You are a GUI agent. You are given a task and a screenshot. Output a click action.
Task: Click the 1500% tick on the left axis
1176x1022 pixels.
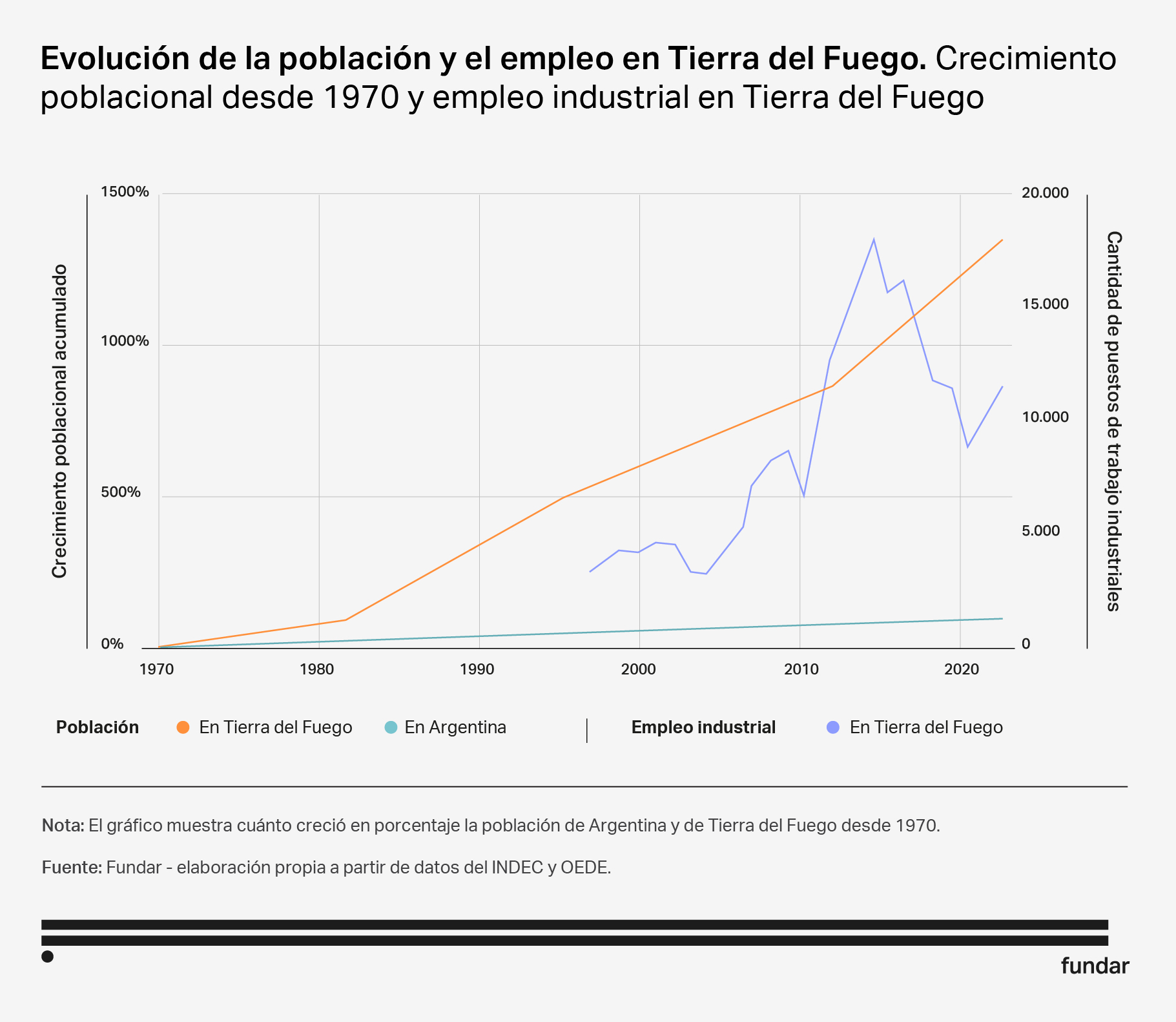point(125,192)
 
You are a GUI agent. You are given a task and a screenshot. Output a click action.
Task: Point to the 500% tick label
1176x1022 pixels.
point(121,492)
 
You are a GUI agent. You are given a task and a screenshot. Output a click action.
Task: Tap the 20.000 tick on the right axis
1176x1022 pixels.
point(1045,193)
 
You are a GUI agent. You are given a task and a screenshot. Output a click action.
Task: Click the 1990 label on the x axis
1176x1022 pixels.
point(477,669)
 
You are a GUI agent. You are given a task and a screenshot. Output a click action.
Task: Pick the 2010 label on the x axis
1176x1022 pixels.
point(801,669)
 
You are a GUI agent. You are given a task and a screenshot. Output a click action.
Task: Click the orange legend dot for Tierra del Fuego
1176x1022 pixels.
point(183,727)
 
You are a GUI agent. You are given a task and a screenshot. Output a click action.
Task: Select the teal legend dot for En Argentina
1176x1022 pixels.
point(390,727)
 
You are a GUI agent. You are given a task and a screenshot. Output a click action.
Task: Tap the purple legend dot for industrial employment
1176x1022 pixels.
point(833,727)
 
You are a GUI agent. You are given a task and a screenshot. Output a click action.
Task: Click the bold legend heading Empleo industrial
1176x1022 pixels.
point(703,727)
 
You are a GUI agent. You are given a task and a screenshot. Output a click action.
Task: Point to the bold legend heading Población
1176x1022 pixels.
point(98,727)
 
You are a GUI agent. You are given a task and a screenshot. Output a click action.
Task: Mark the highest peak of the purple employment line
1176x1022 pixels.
point(874,239)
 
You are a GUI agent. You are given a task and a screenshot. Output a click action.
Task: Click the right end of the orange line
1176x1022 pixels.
point(1002,240)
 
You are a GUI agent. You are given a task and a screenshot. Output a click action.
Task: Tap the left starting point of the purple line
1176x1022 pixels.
point(590,572)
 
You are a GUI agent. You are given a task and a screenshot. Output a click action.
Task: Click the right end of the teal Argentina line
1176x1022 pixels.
point(1002,618)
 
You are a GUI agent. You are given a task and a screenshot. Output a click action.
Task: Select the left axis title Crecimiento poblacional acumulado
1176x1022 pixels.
point(59,421)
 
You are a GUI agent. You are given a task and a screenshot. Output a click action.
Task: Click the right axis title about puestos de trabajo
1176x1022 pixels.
point(1113,421)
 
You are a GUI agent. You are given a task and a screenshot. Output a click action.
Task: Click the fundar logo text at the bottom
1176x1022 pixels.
point(1095,966)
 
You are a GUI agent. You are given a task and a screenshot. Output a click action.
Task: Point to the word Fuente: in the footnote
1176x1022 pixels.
point(72,867)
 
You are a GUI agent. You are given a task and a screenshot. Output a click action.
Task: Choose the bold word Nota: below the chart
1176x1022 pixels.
point(63,825)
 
